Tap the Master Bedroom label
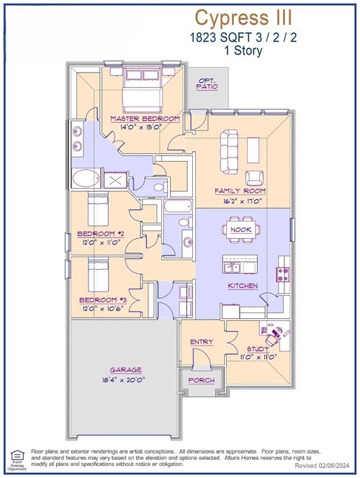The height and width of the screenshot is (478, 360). pos(145,118)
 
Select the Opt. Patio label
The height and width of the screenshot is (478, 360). pos(208,85)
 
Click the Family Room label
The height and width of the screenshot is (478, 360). pos(240,191)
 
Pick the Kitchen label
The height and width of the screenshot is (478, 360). pos(243,286)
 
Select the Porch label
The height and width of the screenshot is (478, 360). pos(201,379)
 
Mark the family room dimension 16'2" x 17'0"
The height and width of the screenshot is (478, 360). pos(240,201)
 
